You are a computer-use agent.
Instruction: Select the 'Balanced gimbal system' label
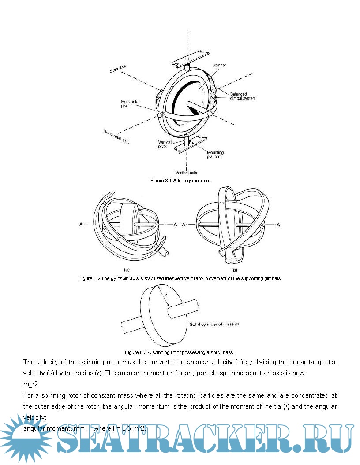[242, 96]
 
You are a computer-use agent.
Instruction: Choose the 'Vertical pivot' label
[165, 144]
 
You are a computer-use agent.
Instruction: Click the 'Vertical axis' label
[187, 173]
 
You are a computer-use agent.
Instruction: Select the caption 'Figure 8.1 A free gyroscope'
[179, 181]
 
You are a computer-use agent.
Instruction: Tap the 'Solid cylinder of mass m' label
[214, 325]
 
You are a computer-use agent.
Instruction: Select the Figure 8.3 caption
[180, 352]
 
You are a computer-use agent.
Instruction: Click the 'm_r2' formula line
[30, 384]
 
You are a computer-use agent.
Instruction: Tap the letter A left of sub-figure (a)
[81, 225]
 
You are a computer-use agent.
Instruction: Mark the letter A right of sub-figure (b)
[278, 225]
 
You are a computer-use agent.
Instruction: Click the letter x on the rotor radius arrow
[166, 294]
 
